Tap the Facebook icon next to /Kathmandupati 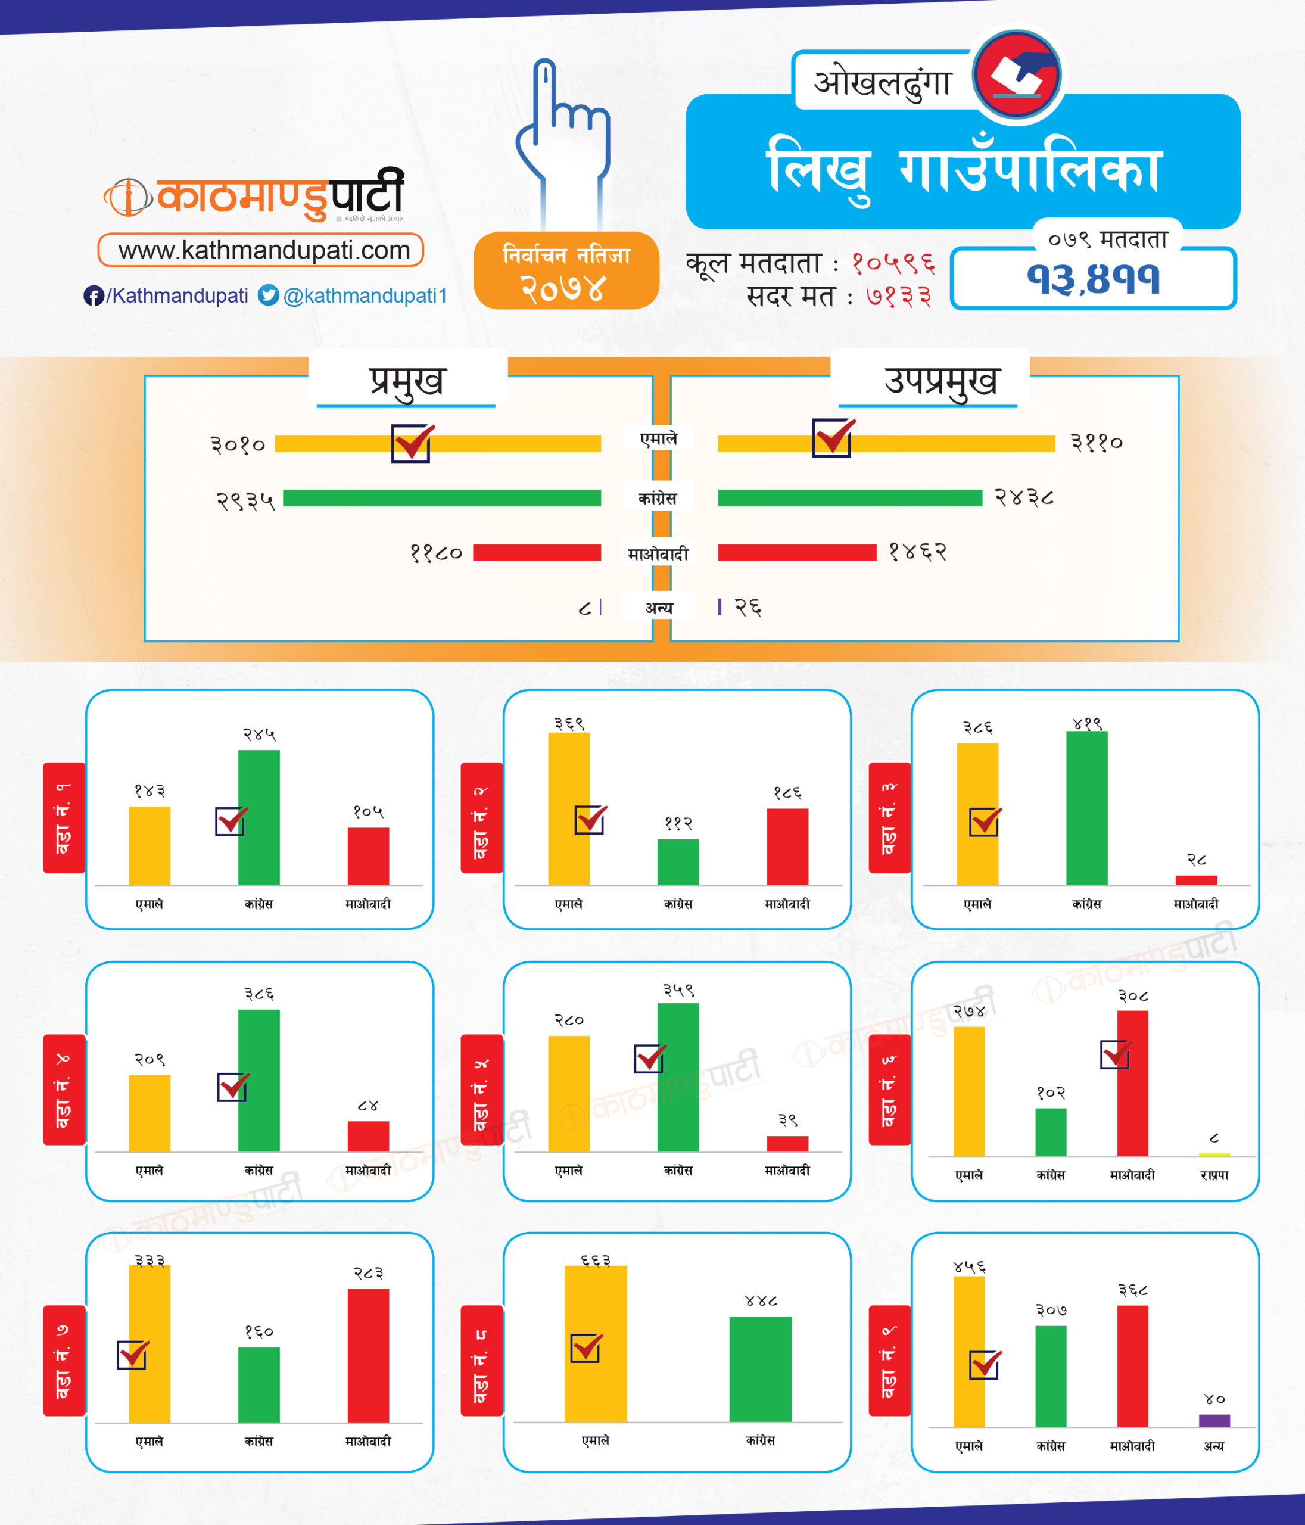coord(93,296)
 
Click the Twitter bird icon coord(268,295)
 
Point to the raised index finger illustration coord(562,140)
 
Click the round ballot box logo coord(1017,74)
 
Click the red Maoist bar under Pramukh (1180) coord(537,552)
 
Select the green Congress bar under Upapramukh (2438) coord(849,498)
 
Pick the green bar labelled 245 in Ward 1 coord(259,817)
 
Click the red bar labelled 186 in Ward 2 coord(787,846)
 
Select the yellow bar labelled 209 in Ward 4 coord(150,1113)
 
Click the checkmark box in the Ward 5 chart coord(649,1059)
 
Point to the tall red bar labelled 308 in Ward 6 coord(1132,1082)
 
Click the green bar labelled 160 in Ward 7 coord(259,1384)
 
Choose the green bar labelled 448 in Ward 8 coord(761,1368)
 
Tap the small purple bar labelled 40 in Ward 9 coord(1214,1420)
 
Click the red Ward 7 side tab coord(64,1360)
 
